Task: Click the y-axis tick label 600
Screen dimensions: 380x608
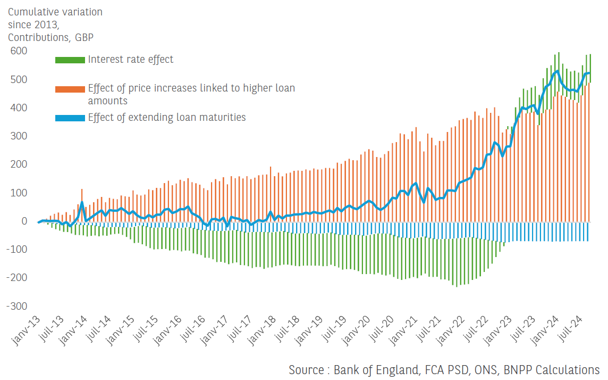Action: [19, 51]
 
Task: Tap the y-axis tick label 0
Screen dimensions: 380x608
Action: [24, 221]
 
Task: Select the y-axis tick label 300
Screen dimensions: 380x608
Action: [19, 136]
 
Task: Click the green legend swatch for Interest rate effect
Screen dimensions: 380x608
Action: [70, 60]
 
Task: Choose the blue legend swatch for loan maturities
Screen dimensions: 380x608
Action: [70, 118]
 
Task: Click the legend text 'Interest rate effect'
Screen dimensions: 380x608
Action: [131, 59]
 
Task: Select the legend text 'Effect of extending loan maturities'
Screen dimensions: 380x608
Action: [167, 117]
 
